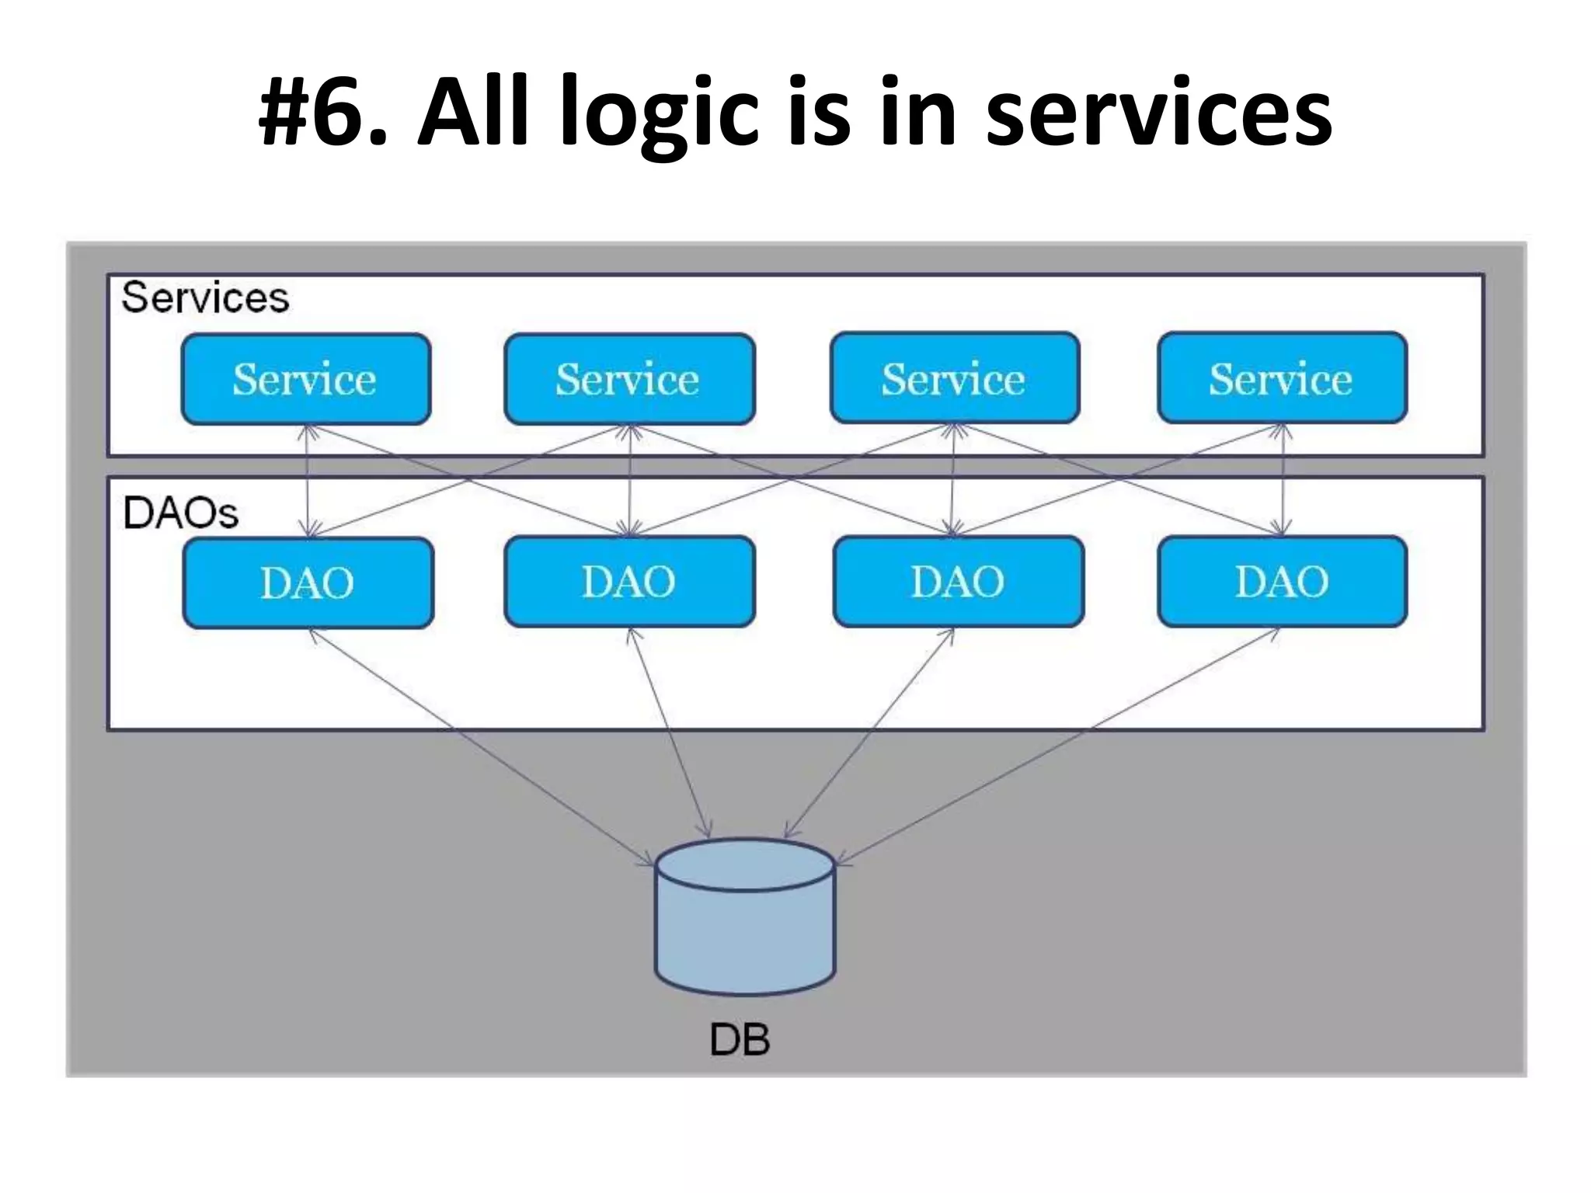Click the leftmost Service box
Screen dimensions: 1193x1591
coord(305,379)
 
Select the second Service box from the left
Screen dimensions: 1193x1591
coord(629,379)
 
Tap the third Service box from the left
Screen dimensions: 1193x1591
coord(954,378)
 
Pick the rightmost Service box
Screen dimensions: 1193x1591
coord(1282,378)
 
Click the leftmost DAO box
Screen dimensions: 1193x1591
coord(308,583)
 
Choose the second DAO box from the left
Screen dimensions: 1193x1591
coord(629,582)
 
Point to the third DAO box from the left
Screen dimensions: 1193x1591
coord(958,582)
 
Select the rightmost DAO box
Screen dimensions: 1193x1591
coord(1282,582)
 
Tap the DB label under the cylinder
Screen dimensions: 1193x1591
coord(740,1039)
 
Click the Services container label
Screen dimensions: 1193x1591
coord(205,297)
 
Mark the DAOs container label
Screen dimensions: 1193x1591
coord(180,513)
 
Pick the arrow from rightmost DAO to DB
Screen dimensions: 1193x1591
coord(1057,747)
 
